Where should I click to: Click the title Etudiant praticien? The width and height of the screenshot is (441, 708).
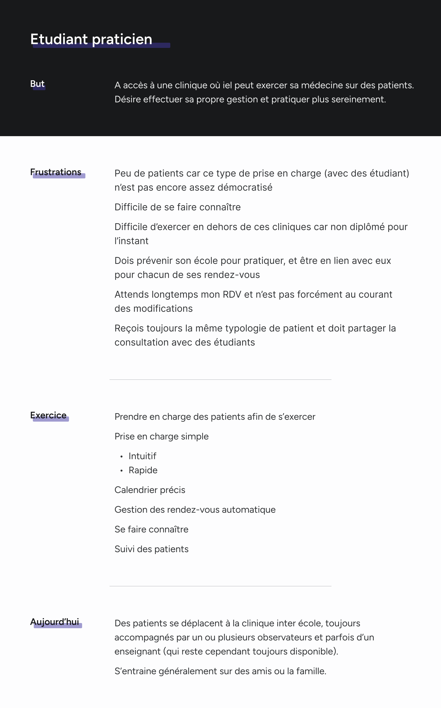click(91, 39)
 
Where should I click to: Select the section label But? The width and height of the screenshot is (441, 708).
click(37, 84)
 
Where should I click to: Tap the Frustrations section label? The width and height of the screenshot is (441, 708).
click(56, 172)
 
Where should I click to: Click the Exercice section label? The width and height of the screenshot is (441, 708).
click(48, 415)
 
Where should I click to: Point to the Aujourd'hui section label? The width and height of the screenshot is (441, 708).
click(55, 622)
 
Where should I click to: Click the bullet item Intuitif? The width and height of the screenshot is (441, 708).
click(142, 456)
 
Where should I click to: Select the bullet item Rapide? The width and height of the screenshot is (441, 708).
click(143, 470)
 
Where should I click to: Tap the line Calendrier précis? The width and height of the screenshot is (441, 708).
click(150, 490)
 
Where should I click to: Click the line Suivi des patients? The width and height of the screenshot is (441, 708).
click(151, 549)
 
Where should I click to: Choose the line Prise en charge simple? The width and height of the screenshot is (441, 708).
click(161, 437)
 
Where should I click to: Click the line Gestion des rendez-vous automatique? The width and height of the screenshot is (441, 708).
click(195, 510)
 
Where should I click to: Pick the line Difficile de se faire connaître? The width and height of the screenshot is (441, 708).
click(177, 207)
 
